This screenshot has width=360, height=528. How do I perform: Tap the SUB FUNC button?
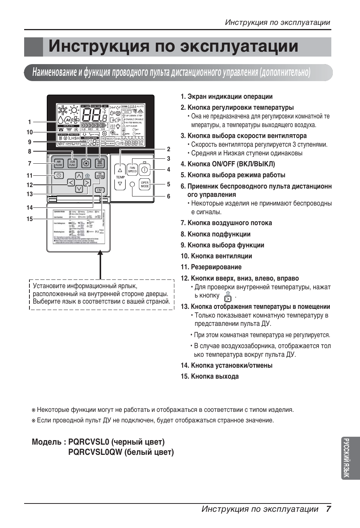click(72, 163)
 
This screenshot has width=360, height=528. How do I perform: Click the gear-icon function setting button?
click(86, 163)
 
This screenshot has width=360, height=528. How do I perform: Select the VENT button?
click(100, 163)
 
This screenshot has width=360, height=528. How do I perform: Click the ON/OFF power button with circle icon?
click(145, 170)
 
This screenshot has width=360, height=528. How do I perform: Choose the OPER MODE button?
click(145, 184)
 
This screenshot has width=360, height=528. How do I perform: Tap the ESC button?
click(100, 190)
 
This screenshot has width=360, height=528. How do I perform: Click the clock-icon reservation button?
click(58, 175)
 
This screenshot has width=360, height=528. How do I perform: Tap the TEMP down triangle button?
click(120, 184)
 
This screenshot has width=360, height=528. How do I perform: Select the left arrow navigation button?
click(71, 183)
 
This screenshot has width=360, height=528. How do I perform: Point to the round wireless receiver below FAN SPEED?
click(132, 184)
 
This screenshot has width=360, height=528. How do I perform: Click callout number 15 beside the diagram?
click(29, 219)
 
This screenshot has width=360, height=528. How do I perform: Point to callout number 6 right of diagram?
click(169, 196)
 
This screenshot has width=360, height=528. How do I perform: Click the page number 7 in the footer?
click(328, 509)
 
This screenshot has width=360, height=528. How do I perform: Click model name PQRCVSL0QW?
click(96, 452)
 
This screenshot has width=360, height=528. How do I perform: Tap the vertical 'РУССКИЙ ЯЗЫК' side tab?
click(351, 458)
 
